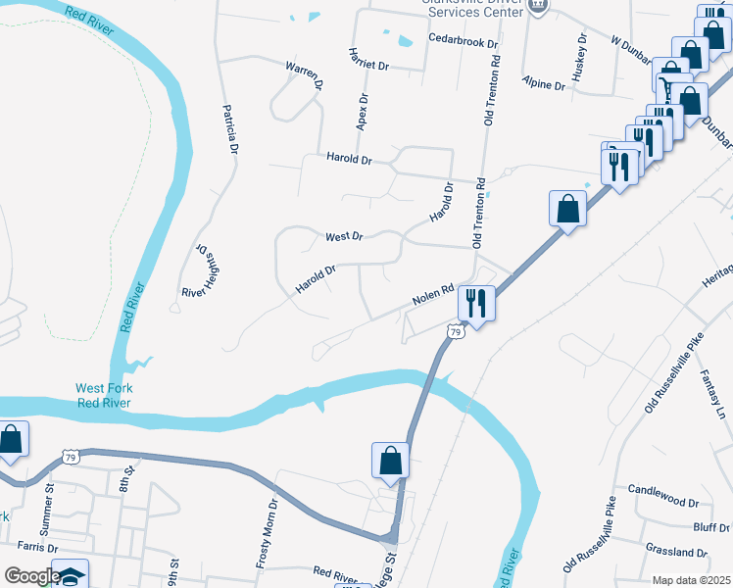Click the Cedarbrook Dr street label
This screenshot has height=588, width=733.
click(x=464, y=44)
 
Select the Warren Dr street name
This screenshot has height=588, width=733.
click(x=304, y=74)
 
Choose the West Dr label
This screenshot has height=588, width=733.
click(x=344, y=237)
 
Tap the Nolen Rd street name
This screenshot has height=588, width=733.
click(x=432, y=293)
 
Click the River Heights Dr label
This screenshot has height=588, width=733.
click(x=196, y=270)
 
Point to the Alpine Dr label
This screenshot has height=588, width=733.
click(x=544, y=84)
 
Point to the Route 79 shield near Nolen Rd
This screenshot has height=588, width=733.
click(x=456, y=333)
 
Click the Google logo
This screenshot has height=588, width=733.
click(x=31, y=576)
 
